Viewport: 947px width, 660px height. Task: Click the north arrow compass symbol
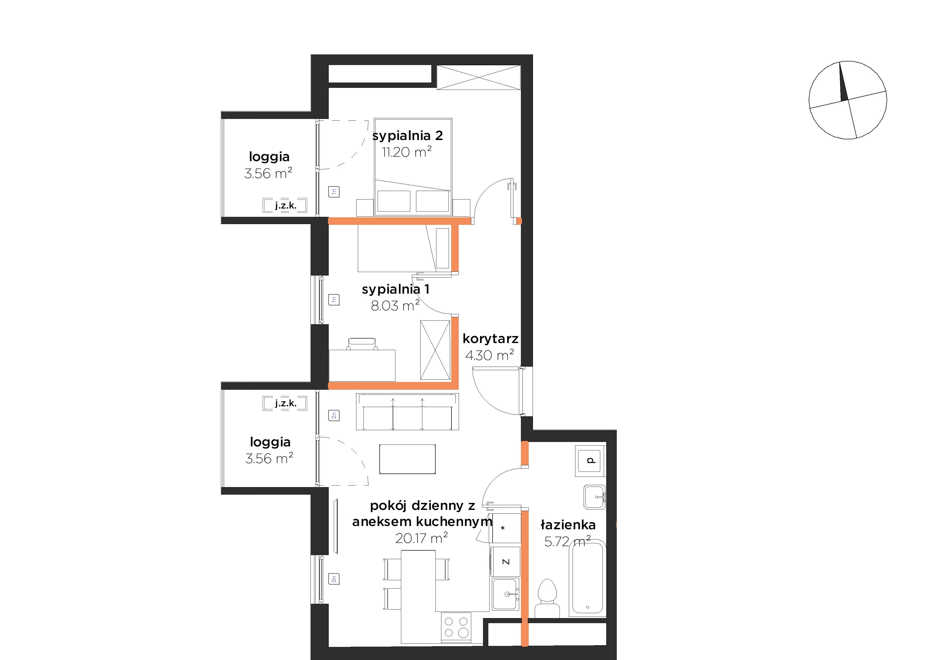coord(848,100)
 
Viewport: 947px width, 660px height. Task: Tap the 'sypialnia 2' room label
coord(408,136)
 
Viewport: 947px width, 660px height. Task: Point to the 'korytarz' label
coord(490,339)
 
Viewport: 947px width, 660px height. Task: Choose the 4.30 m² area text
coord(490,355)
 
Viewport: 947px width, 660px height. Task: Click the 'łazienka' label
coord(568,525)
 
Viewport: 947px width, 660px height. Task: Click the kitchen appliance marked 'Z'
coord(506,561)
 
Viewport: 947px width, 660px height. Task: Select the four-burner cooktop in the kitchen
coord(456,627)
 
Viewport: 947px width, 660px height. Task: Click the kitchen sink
coord(506,594)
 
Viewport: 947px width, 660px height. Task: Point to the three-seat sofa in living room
coord(407,412)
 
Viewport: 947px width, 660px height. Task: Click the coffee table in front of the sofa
coord(407,459)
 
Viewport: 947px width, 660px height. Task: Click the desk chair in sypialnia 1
coord(362,344)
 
